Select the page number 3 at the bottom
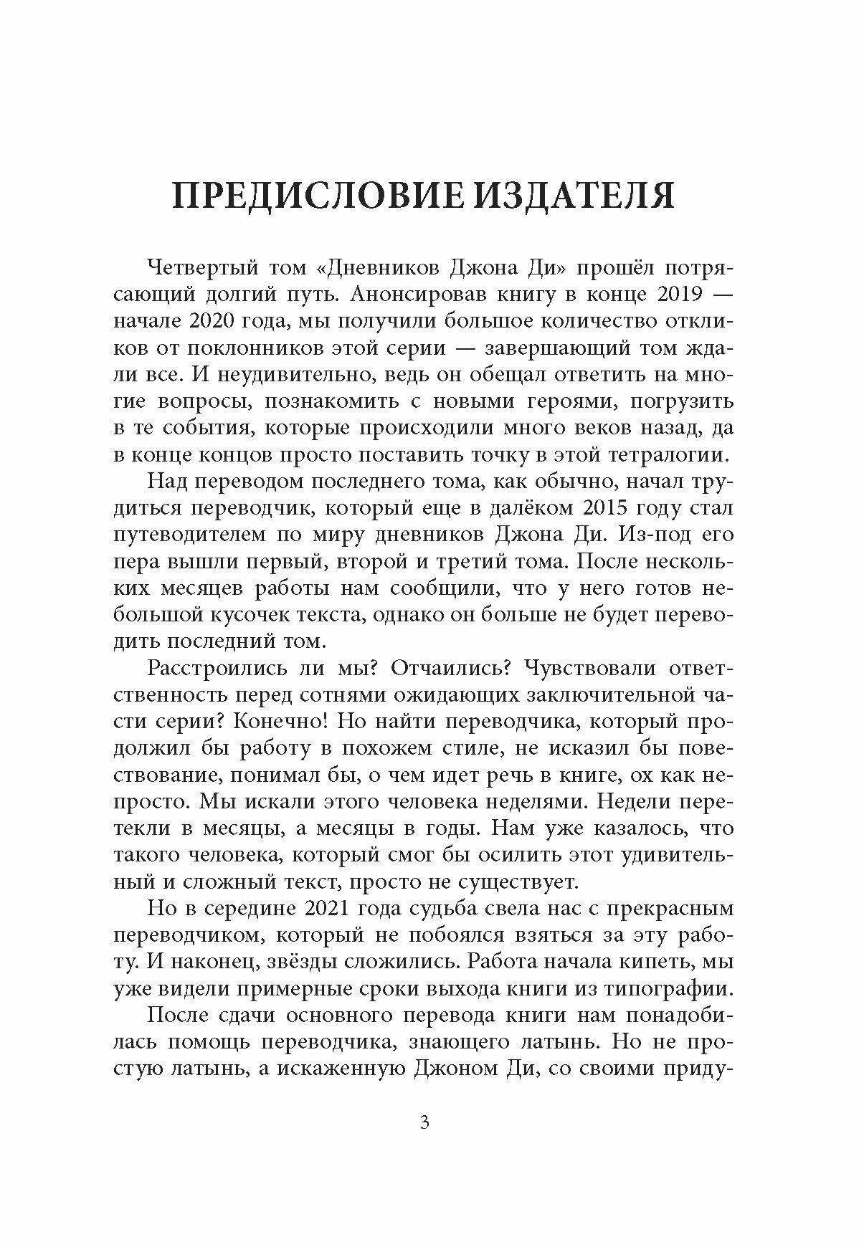pos(424,1142)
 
